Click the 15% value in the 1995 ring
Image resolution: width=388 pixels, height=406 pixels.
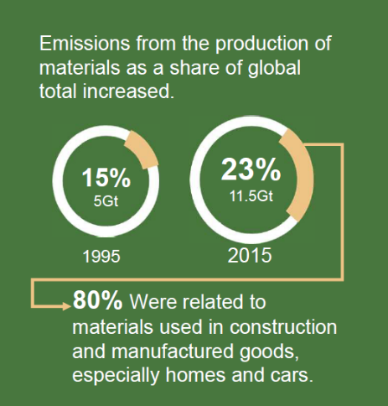(106, 178)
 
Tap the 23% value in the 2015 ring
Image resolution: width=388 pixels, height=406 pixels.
(251, 169)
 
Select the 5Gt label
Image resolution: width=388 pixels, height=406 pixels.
(106, 201)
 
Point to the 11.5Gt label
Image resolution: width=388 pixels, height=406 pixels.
(251, 195)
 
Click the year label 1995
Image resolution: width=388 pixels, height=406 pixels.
(101, 256)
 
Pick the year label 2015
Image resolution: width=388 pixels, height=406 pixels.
(250, 255)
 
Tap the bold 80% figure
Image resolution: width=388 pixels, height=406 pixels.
(97, 300)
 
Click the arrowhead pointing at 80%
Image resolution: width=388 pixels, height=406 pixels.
(68, 305)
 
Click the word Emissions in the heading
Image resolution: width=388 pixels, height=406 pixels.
(85, 44)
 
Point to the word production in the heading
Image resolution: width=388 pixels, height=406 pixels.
(261, 44)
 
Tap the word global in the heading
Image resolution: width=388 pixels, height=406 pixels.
(274, 68)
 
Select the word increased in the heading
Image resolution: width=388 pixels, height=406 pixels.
(128, 91)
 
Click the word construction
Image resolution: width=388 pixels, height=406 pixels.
(283, 327)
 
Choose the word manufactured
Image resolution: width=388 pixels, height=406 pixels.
(173, 351)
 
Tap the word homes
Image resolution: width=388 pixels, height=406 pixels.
(195, 375)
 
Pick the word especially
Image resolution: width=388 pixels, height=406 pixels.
(116, 375)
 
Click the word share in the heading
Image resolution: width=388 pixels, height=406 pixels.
(194, 68)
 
